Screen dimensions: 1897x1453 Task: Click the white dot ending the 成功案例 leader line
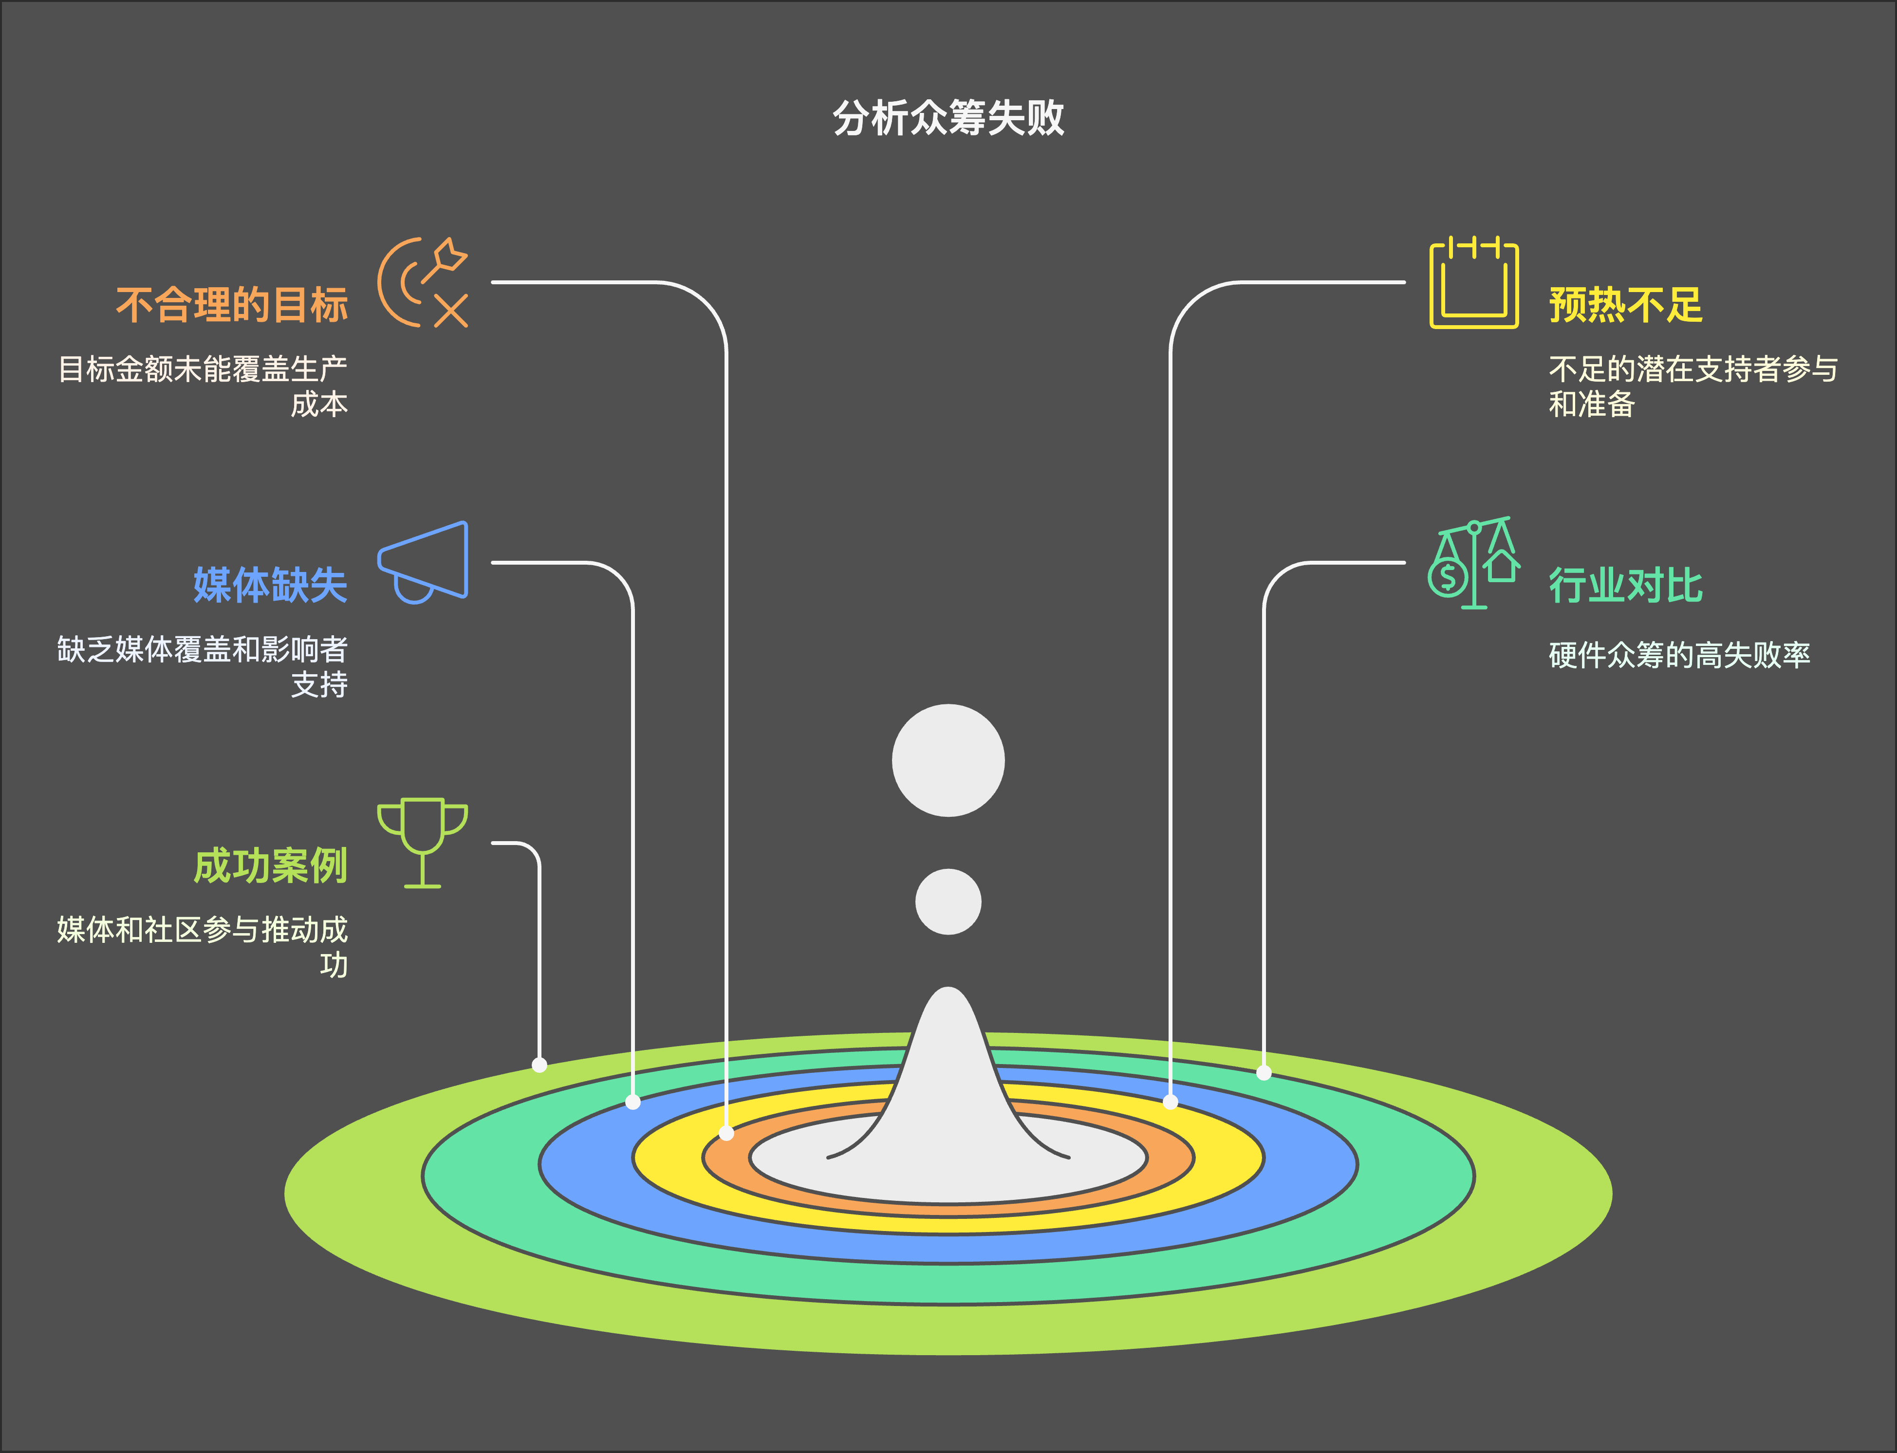coord(539,1065)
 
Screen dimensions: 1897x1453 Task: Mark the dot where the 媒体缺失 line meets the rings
coord(633,1102)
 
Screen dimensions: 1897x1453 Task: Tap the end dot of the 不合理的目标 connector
coord(726,1133)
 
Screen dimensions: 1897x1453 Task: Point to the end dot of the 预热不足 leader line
coord(1171,1102)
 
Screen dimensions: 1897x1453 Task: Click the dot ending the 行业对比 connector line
coord(1264,1072)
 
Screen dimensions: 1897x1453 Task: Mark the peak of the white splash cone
coord(948,988)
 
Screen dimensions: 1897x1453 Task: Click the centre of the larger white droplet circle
coord(948,760)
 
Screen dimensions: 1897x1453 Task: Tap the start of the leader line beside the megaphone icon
coord(492,562)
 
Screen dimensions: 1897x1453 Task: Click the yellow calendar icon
coord(1474,282)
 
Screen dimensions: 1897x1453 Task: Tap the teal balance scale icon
coord(1474,562)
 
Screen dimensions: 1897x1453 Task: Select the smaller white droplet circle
coord(948,901)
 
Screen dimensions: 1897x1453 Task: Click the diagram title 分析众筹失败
coord(948,118)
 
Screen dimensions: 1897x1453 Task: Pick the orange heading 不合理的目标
coord(232,304)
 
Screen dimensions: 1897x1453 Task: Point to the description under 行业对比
coord(1679,655)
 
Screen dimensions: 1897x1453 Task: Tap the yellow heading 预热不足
coord(1625,304)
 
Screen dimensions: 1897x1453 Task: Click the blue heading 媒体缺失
coord(270,585)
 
